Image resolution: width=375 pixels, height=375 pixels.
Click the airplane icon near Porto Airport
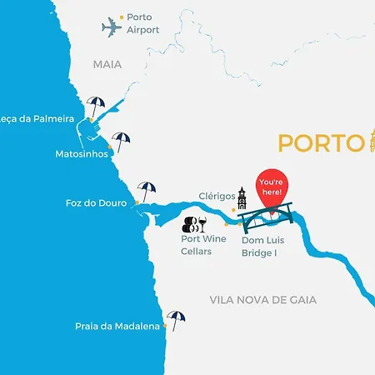(112, 27)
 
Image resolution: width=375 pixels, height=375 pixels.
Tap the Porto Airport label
(143, 22)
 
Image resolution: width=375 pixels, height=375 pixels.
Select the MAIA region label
(107, 64)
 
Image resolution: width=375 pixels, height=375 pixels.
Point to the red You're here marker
(272, 189)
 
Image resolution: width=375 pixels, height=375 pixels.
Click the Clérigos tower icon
(242, 198)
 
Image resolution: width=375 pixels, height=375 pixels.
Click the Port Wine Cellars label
(203, 245)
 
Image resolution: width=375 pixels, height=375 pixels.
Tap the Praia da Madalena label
(117, 327)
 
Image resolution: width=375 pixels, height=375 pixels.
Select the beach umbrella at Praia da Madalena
(176, 319)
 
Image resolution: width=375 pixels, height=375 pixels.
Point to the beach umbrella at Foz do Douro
(147, 191)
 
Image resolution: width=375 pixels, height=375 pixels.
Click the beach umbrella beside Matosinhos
(122, 141)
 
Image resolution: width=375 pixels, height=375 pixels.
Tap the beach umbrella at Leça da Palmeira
(96, 106)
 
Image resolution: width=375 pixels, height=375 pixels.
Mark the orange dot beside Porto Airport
(122, 17)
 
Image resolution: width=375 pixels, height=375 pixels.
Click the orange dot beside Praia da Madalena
(164, 327)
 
